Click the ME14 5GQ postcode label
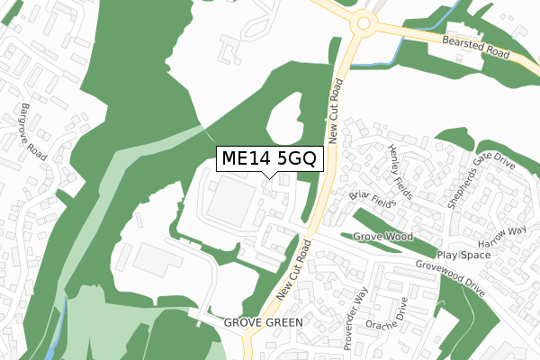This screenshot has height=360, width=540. click(267, 158)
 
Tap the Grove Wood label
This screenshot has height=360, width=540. click(382, 237)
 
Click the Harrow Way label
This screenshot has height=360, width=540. click(502, 235)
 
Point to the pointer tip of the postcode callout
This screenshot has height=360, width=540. click(267, 176)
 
